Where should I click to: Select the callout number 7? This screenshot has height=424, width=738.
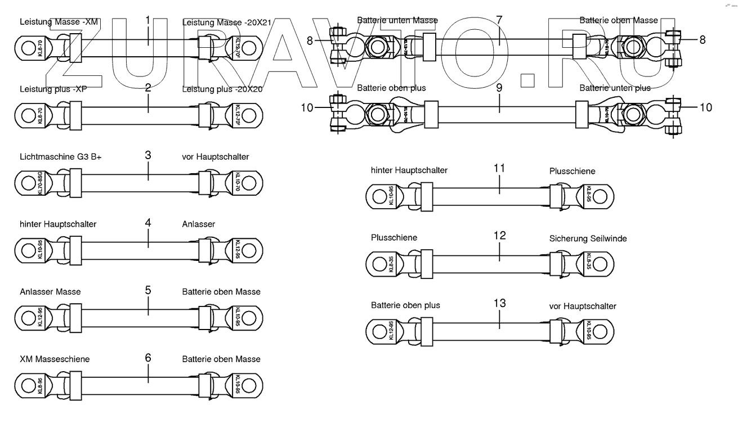[499, 20]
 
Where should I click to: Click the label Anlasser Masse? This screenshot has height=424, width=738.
[50, 292]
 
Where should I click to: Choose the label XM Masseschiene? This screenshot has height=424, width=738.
[55, 359]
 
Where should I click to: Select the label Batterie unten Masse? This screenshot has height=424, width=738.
[397, 20]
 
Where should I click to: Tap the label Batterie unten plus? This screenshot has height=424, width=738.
[615, 88]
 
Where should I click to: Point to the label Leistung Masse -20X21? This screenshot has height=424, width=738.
[227, 22]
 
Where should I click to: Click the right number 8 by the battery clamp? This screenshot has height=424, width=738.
[702, 40]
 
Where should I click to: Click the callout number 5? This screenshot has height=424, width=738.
[147, 291]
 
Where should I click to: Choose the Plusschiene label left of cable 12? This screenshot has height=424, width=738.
[394, 238]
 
